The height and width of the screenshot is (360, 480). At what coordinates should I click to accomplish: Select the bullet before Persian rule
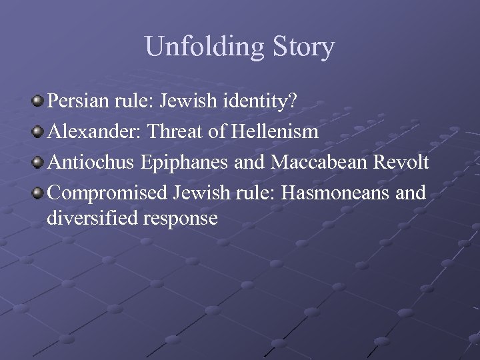pos(37,101)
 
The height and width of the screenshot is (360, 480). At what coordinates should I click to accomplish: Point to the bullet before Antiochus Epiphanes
pos(37,162)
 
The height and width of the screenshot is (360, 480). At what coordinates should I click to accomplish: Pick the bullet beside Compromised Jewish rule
pos(37,192)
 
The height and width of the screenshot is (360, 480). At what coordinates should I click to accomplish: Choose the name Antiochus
pos(91,162)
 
